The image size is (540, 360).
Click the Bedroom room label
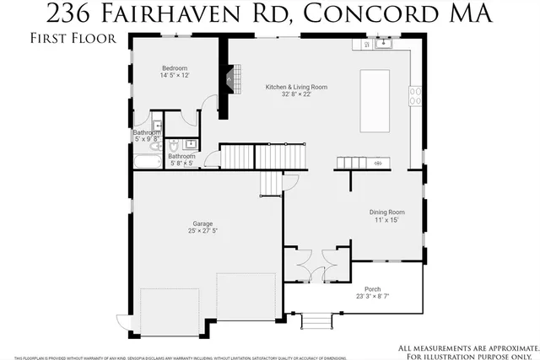(175, 68)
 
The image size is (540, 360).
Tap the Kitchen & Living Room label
(296, 87)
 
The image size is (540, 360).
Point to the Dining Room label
(386, 212)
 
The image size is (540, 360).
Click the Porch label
(372, 289)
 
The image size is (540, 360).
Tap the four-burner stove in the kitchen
(415, 96)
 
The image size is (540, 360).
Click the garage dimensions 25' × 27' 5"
(202, 231)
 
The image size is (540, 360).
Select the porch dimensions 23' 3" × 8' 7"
(372, 296)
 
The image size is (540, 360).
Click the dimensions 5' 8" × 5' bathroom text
(181, 164)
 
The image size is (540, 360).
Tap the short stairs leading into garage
(272, 181)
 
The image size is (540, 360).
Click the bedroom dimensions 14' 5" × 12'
(175, 76)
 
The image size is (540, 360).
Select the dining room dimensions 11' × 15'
(386, 219)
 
